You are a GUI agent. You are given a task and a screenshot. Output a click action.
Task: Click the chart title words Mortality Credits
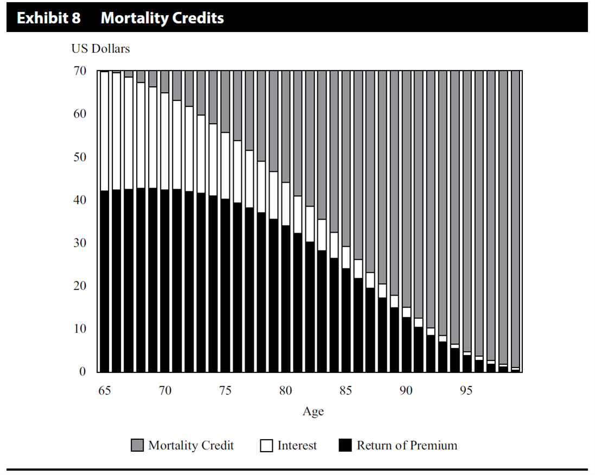tap(162, 18)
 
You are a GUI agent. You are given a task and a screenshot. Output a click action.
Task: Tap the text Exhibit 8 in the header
tap(49, 18)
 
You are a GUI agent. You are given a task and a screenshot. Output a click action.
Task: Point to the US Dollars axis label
tap(100, 49)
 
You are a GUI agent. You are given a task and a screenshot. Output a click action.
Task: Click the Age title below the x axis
tap(313, 412)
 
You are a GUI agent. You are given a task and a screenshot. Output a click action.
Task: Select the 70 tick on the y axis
tap(80, 71)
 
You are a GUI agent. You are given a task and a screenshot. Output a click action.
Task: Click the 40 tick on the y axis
tap(80, 200)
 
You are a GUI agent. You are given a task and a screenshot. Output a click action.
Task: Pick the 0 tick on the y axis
tap(82, 372)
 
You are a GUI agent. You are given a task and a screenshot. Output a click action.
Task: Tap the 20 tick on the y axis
tap(80, 286)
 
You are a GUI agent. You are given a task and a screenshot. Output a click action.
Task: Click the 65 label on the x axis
tap(104, 391)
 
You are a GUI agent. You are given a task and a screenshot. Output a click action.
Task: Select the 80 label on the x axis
tap(285, 391)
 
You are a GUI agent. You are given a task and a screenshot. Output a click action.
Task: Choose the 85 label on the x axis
tap(346, 391)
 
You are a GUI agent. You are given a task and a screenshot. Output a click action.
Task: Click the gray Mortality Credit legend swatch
tap(137, 446)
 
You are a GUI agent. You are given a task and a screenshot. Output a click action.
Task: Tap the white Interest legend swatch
tap(266, 446)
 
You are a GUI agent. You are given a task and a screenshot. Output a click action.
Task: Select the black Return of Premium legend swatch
tap(345, 446)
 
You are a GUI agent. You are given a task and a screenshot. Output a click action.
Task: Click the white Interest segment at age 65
tap(104, 131)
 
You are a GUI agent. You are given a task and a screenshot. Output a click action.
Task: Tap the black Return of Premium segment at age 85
tap(346, 320)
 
